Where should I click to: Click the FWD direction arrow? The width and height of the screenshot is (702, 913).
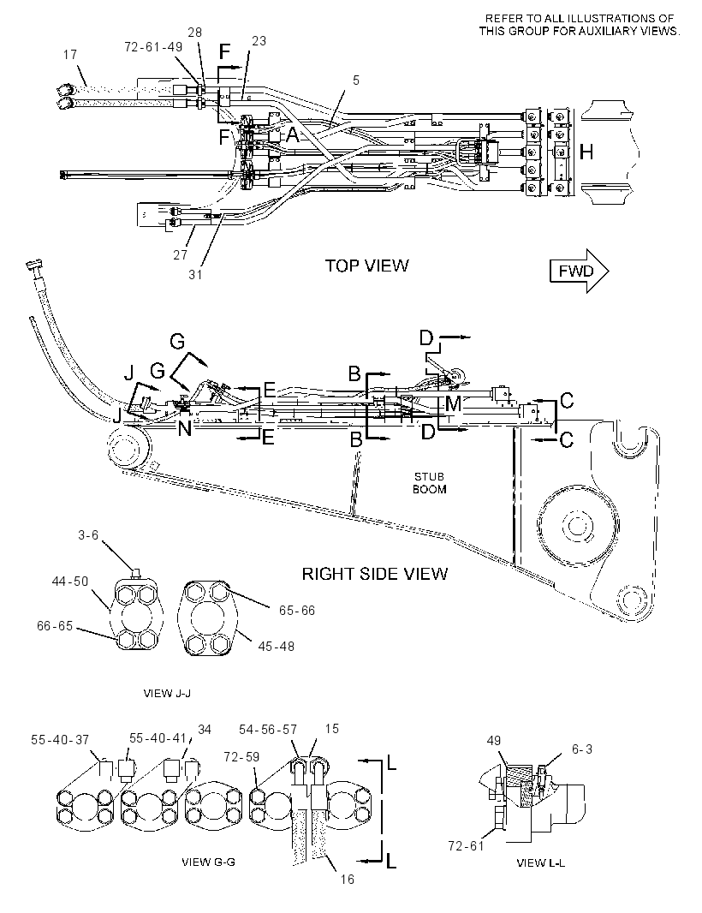coord(580,272)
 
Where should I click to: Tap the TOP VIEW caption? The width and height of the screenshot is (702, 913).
coord(366,266)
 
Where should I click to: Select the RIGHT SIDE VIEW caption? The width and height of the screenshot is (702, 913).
coord(375,574)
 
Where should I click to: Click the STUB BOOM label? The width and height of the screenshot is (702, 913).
coord(430,483)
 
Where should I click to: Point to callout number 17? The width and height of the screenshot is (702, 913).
coord(70,55)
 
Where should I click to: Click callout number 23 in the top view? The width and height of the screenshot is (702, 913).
coord(259,41)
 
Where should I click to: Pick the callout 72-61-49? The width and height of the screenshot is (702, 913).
coord(153,46)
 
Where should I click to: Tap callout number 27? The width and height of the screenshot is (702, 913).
coord(181,255)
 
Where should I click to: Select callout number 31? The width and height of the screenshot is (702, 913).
coord(195,274)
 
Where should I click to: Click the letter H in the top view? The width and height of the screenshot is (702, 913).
coord(586,152)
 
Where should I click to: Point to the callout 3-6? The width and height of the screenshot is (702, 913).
coord(88,534)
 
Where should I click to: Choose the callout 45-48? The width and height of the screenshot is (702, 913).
coord(277,646)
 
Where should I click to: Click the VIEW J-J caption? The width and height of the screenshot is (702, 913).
coord(167,694)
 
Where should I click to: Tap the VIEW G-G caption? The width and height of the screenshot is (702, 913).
coord(208,862)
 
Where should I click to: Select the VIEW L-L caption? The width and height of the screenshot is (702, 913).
coord(541,863)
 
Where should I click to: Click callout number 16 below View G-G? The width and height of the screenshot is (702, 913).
coord(348,880)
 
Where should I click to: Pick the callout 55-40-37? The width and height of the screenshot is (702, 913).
coord(60,739)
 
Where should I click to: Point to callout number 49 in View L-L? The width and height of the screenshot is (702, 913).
coord(494,741)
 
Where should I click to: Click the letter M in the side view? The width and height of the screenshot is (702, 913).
coord(453,403)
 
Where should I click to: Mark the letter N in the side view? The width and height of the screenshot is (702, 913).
coord(185,429)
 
